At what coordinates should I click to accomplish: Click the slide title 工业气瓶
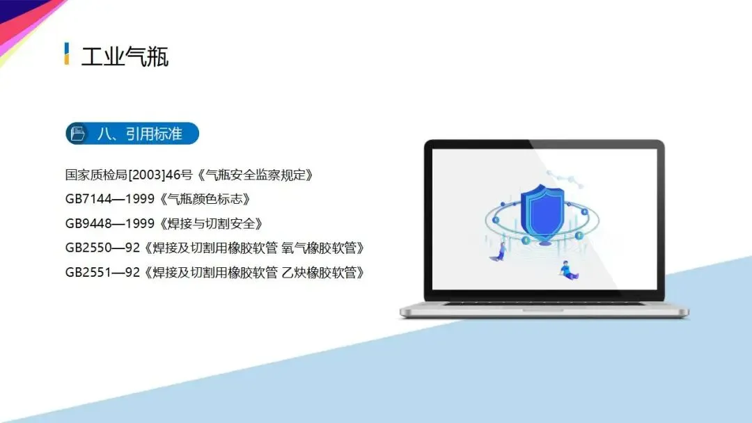[125, 57]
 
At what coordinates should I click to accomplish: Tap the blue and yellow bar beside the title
[67, 53]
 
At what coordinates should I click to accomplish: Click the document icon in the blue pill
[78, 133]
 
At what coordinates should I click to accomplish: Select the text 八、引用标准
[140, 134]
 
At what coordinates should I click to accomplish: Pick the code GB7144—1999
[110, 199]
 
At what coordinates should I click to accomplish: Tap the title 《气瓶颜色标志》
[204, 199]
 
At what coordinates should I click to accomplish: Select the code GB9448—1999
[110, 223]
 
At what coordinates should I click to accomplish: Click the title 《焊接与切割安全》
[210, 223]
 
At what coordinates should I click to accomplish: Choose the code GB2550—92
[102, 248]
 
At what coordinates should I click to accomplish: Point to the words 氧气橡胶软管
[320, 248]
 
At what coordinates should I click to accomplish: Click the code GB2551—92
[102, 272]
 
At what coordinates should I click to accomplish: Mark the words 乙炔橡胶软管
[320, 272]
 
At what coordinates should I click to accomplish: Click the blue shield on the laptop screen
[542, 213]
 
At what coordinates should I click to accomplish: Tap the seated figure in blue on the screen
[569, 270]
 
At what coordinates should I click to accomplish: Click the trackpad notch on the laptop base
[543, 310]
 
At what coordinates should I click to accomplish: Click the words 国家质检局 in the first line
[96, 175]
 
